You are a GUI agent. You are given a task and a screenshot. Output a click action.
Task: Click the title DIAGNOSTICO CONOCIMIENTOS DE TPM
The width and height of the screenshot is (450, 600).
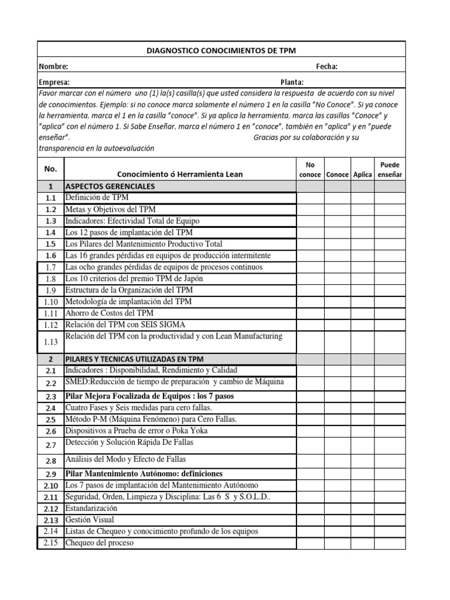pyautogui.click(x=221, y=51)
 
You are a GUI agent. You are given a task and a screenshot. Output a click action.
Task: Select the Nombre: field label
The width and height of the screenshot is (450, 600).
pyautogui.click(x=53, y=66)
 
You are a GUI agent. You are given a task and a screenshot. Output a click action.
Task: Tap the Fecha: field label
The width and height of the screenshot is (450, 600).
pyautogui.click(x=326, y=66)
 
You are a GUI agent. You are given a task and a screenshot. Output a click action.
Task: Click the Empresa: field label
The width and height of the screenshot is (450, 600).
pyautogui.click(x=54, y=82)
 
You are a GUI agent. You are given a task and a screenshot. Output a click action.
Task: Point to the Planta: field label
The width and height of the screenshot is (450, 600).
pyautogui.click(x=292, y=82)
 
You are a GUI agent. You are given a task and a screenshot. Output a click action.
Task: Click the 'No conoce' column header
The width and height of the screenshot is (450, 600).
pyautogui.click(x=310, y=170)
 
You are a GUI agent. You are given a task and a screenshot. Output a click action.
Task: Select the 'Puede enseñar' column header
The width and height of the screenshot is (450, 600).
pyautogui.click(x=390, y=170)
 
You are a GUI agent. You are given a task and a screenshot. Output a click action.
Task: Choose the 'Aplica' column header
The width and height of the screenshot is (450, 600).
pyautogui.click(x=363, y=175)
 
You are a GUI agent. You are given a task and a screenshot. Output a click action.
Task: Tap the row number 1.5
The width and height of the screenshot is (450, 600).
pyautogui.click(x=50, y=244)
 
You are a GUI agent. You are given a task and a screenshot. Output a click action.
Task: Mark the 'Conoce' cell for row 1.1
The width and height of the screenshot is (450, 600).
pyautogui.click(x=337, y=198)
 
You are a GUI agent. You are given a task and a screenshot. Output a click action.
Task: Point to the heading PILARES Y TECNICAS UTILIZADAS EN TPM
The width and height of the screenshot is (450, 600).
pyautogui.click(x=134, y=359)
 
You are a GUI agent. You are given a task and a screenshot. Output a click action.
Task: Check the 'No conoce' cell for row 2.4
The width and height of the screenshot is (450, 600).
pyautogui.click(x=310, y=408)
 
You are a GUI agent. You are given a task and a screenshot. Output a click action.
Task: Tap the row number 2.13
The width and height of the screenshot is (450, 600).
pyautogui.click(x=50, y=520)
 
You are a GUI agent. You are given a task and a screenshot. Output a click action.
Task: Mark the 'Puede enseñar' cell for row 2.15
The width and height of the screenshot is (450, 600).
pyautogui.click(x=390, y=543)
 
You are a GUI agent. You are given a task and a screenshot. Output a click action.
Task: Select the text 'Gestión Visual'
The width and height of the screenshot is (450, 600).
pyautogui.click(x=90, y=520)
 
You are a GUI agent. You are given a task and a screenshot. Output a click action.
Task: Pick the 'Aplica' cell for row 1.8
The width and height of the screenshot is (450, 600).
pyautogui.click(x=363, y=278)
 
